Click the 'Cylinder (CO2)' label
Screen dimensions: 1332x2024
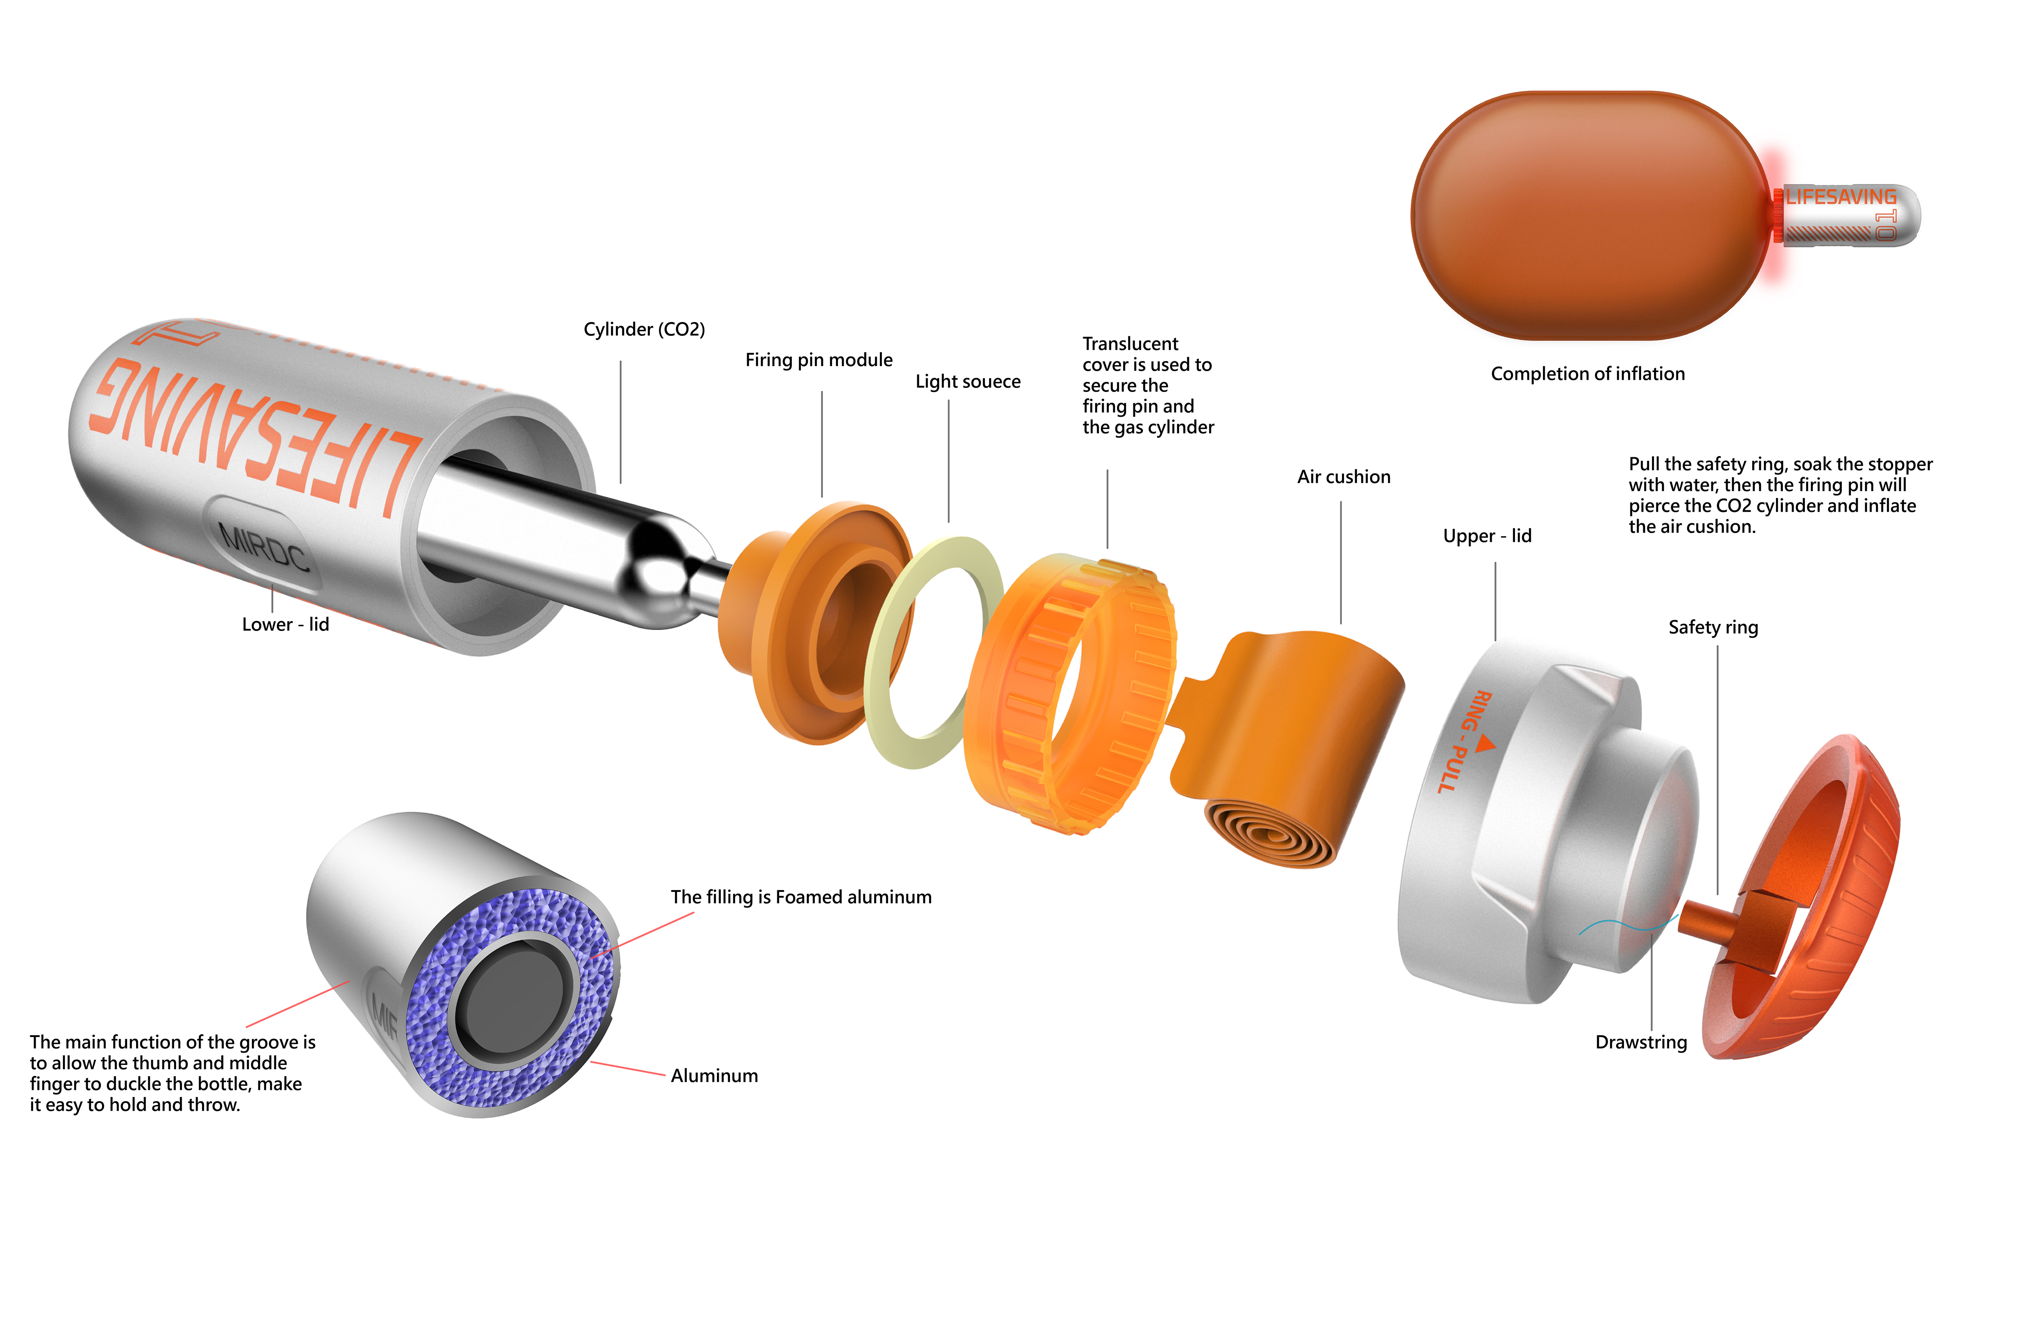click(x=644, y=329)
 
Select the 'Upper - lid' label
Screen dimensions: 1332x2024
click(x=1487, y=536)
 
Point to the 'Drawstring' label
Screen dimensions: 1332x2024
click(x=1640, y=1042)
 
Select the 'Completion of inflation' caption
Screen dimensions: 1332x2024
click(x=1587, y=373)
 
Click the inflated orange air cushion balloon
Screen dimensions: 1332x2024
click(x=1582, y=217)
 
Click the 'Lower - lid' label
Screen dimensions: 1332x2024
click(x=285, y=624)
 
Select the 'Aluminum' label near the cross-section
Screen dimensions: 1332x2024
click(x=714, y=1076)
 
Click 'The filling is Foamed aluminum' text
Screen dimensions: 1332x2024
click(x=800, y=897)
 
